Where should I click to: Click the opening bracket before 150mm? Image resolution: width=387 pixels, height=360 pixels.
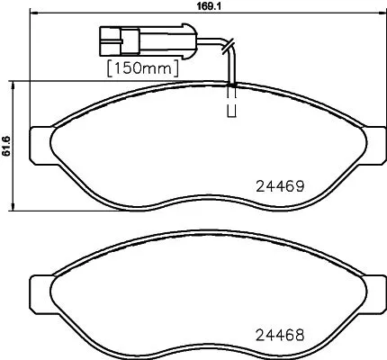click(110, 67)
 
